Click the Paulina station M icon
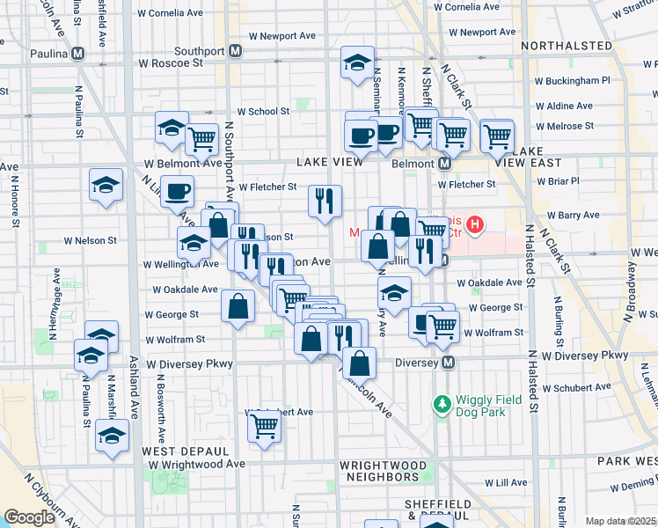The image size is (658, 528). tap(78, 53)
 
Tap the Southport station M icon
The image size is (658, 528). tap(235, 51)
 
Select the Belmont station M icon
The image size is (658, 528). tap(444, 164)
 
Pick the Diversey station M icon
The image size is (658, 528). tap(448, 363)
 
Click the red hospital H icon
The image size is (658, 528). tap(475, 226)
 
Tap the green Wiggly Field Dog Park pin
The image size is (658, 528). tap(442, 405)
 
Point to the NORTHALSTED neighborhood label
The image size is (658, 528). tap(566, 46)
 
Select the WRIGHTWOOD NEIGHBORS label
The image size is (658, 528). tap(383, 471)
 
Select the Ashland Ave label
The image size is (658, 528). tap(135, 393)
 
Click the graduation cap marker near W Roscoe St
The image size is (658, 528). tap(356, 62)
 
